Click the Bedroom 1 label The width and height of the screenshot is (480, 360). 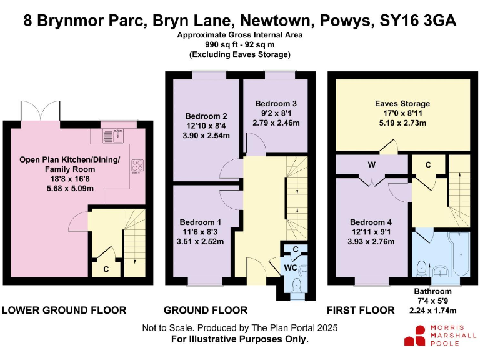coord(201,222)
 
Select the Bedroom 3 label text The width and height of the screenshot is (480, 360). coord(276,104)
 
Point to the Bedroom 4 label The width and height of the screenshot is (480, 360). coord(371,222)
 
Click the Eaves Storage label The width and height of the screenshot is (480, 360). coord(402,104)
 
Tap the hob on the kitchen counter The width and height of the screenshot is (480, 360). coord(137,166)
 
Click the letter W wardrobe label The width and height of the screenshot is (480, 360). coord(371,166)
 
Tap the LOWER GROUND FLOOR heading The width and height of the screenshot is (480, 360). coord(64,310)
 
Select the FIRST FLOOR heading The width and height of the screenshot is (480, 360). coord(361,310)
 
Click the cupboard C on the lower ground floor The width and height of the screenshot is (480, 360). coord(106,269)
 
